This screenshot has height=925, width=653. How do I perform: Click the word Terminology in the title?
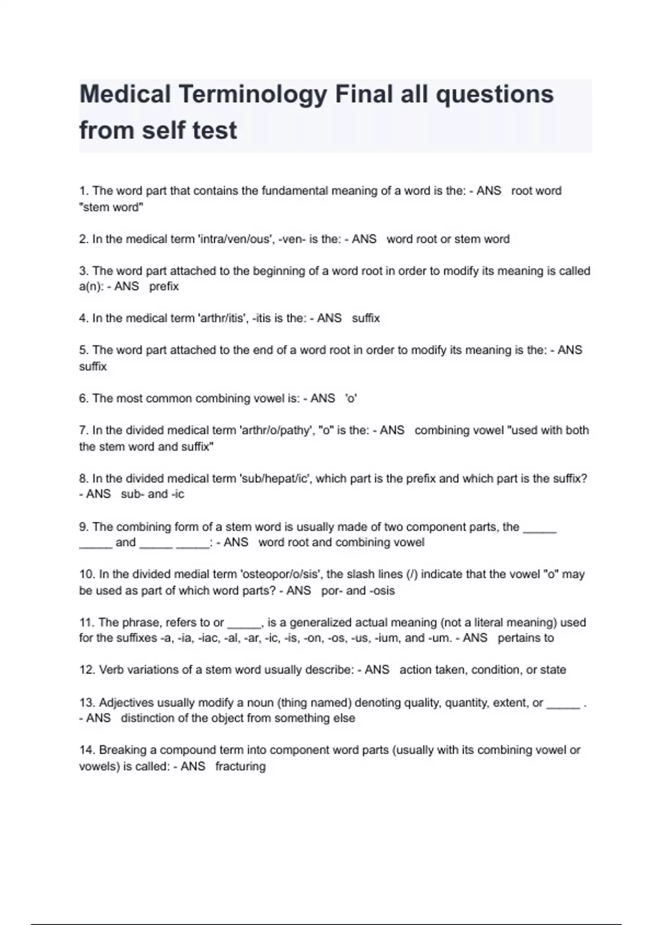252,95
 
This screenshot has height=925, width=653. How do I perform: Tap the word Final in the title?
364,94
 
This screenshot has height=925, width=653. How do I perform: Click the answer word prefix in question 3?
164,287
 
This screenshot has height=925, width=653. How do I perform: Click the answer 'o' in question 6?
351,399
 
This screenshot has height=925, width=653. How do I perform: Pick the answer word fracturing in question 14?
241,767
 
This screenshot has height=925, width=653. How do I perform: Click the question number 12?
87,670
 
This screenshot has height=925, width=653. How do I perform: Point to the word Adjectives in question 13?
126,703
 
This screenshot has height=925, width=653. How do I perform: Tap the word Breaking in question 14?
123,750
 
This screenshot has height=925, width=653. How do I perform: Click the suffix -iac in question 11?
208,638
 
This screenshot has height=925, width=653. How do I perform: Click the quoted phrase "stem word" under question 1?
111,207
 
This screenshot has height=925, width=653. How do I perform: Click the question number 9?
84,527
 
